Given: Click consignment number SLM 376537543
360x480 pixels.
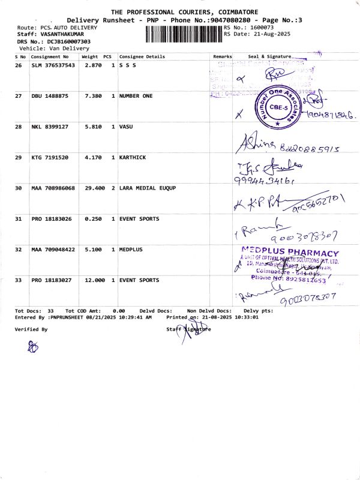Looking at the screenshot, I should point(53,65).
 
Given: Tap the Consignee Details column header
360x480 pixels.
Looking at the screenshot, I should point(142,56).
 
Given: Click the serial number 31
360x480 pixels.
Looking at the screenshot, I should point(18,219).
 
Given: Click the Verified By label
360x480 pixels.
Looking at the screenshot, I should point(31,329).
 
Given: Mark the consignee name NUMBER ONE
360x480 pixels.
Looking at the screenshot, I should point(136,96).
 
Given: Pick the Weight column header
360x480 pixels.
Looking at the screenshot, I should point(89,56).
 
